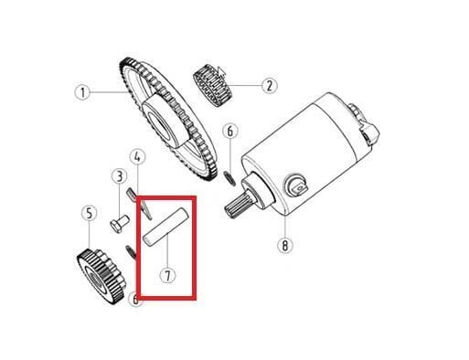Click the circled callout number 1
coord(83,91)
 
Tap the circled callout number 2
coord(270,86)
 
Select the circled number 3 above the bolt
coord(119,176)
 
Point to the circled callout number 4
coord(137,157)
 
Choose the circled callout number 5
coord(89,213)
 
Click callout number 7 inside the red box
coord(168,275)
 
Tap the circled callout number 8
coord(285,245)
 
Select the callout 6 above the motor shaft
coord(230,131)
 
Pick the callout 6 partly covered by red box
coord(135,300)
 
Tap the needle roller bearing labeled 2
coord(212,86)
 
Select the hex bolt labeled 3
coord(119,224)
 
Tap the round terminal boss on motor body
coord(296,185)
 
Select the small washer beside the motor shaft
coord(229,178)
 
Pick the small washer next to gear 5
coord(130,252)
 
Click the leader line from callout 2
coord(245,86)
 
